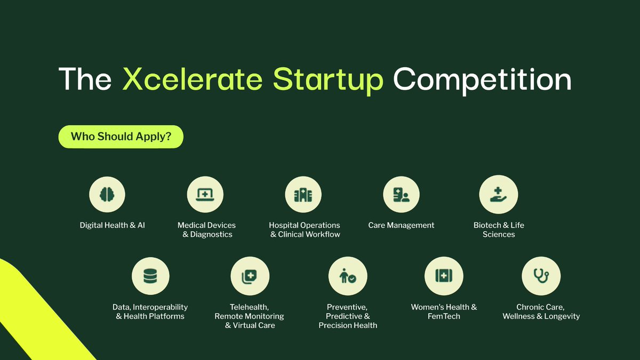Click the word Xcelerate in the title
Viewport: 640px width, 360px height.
[x=193, y=78]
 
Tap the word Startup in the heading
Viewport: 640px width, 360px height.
[x=328, y=78]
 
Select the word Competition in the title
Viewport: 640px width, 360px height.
[x=482, y=78]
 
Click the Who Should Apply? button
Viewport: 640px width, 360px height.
[x=121, y=137]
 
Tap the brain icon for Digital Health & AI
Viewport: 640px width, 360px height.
[x=107, y=195]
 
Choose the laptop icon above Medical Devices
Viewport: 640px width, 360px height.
[x=205, y=195]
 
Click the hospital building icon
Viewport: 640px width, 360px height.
[x=303, y=195]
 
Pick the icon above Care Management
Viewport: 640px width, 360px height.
[x=401, y=195]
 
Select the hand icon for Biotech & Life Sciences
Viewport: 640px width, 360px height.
[x=499, y=195]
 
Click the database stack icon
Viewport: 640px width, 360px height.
[x=150, y=276]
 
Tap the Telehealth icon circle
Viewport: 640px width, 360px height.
[x=250, y=276]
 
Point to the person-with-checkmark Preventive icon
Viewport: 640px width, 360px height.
[x=348, y=276]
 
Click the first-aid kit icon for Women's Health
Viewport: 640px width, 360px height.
[x=444, y=276]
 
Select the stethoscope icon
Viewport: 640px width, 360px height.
[x=541, y=276]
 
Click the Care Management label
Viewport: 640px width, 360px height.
[x=401, y=225]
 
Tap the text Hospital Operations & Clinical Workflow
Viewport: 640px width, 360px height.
[x=305, y=230]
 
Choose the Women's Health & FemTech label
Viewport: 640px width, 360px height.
[x=444, y=311]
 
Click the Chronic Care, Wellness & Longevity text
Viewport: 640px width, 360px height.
[x=541, y=311]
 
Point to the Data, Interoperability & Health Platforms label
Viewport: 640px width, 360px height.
[x=150, y=311]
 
